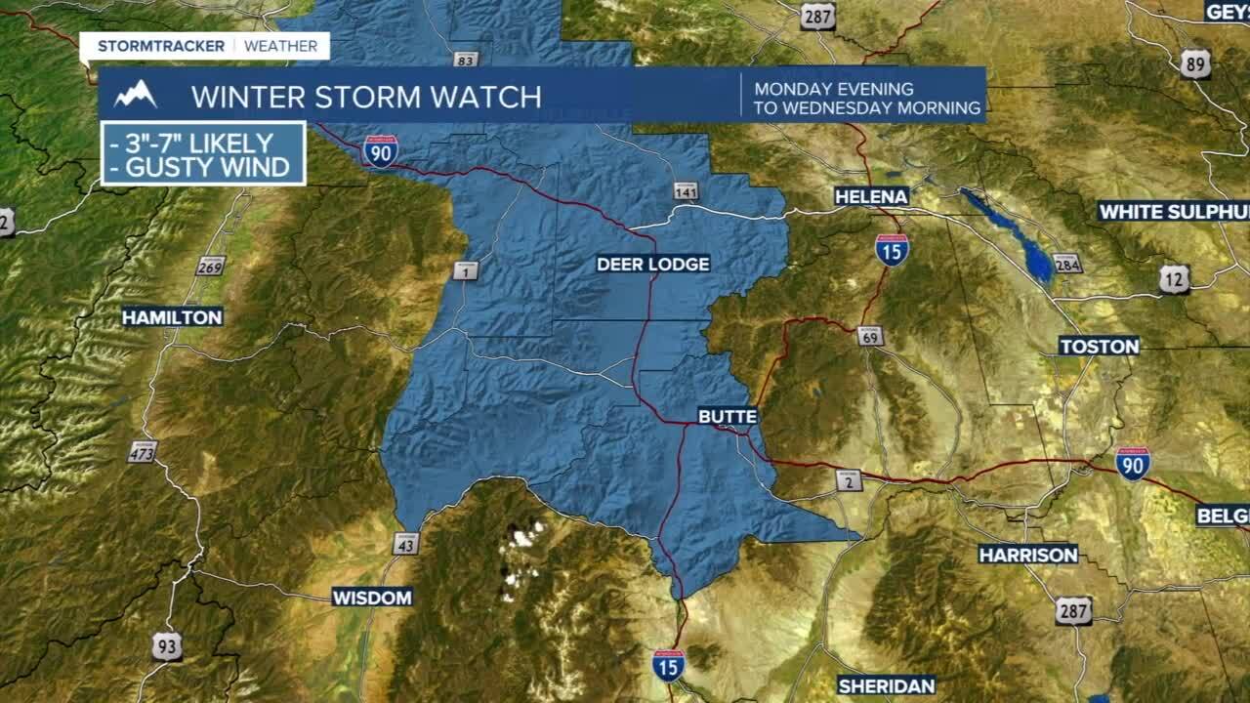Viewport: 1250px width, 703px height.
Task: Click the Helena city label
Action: tap(871, 196)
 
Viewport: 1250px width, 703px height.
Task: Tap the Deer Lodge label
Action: tap(652, 264)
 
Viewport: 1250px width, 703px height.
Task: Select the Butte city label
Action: tap(728, 417)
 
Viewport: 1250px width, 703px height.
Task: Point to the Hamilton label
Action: tap(172, 316)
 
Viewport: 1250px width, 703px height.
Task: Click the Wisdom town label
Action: tap(372, 597)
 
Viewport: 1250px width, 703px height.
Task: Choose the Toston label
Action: tap(1099, 346)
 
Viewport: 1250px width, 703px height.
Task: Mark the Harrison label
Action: tap(1027, 555)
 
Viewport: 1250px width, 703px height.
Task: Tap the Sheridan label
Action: tap(886, 685)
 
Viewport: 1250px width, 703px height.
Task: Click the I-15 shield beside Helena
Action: tap(892, 250)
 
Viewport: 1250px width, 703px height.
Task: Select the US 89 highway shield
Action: tap(1195, 62)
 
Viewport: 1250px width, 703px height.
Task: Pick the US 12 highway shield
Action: tap(1175, 279)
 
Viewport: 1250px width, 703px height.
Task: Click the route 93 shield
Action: tap(167, 645)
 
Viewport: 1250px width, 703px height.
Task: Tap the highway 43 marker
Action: tap(405, 543)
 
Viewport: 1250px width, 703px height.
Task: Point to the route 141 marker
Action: tap(687, 190)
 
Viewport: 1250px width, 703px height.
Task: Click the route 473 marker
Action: tap(142, 451)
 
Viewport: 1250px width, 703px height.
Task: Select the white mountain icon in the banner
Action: tap(135, 95)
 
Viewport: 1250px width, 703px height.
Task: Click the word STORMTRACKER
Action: tap(161, 46)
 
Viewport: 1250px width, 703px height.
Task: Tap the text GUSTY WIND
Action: tap(207, 167)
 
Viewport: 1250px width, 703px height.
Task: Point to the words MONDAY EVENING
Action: tap(833, 89)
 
